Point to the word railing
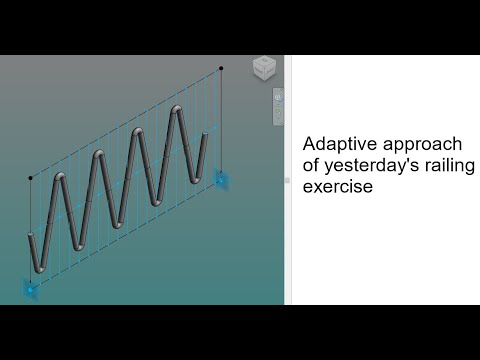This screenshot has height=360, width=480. pos(451,164)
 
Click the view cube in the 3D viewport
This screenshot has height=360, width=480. pos(264,68)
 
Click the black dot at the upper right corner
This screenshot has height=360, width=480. pos(221,68)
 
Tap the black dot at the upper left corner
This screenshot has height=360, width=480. pos(30,179)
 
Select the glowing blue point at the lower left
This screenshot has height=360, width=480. pos(30,288)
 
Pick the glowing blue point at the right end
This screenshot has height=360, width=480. pos(221,179)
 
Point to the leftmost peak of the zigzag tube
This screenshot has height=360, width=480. pos(62,180)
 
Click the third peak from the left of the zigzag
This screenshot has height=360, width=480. pos(139,132)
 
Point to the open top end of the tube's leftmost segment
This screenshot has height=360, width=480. pos(30,238)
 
